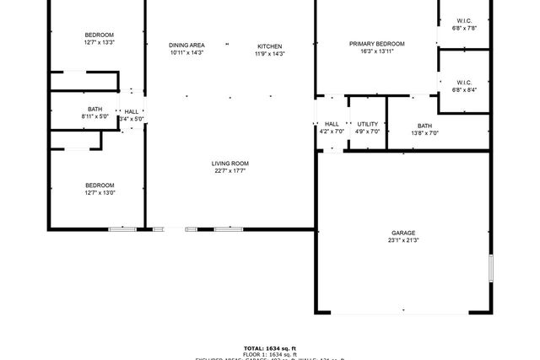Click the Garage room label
click(x=402, y=233)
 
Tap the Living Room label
click(x=229, y=164)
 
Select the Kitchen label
click(x=270, y=46)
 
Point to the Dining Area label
click(x=186, y=46)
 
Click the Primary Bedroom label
click(x=377, y=44)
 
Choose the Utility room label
click(x=367, y=124)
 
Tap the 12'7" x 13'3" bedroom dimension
click(x=99, y=42)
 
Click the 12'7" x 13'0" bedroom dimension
click(x=99, y=193)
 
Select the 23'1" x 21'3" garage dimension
click(x=402, y=240)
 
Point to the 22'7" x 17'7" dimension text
click(x=229, y=171)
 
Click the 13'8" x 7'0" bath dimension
click(x=424, y=132)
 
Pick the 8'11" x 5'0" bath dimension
click(x=95, y=117)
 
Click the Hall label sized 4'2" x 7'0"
click(x=332, y=124)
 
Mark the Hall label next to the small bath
click(x=132, y=111)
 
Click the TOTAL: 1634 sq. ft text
click(x=270, y=348)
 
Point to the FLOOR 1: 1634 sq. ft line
click(x=270, y=354)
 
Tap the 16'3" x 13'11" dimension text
click(x=377, y=51)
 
